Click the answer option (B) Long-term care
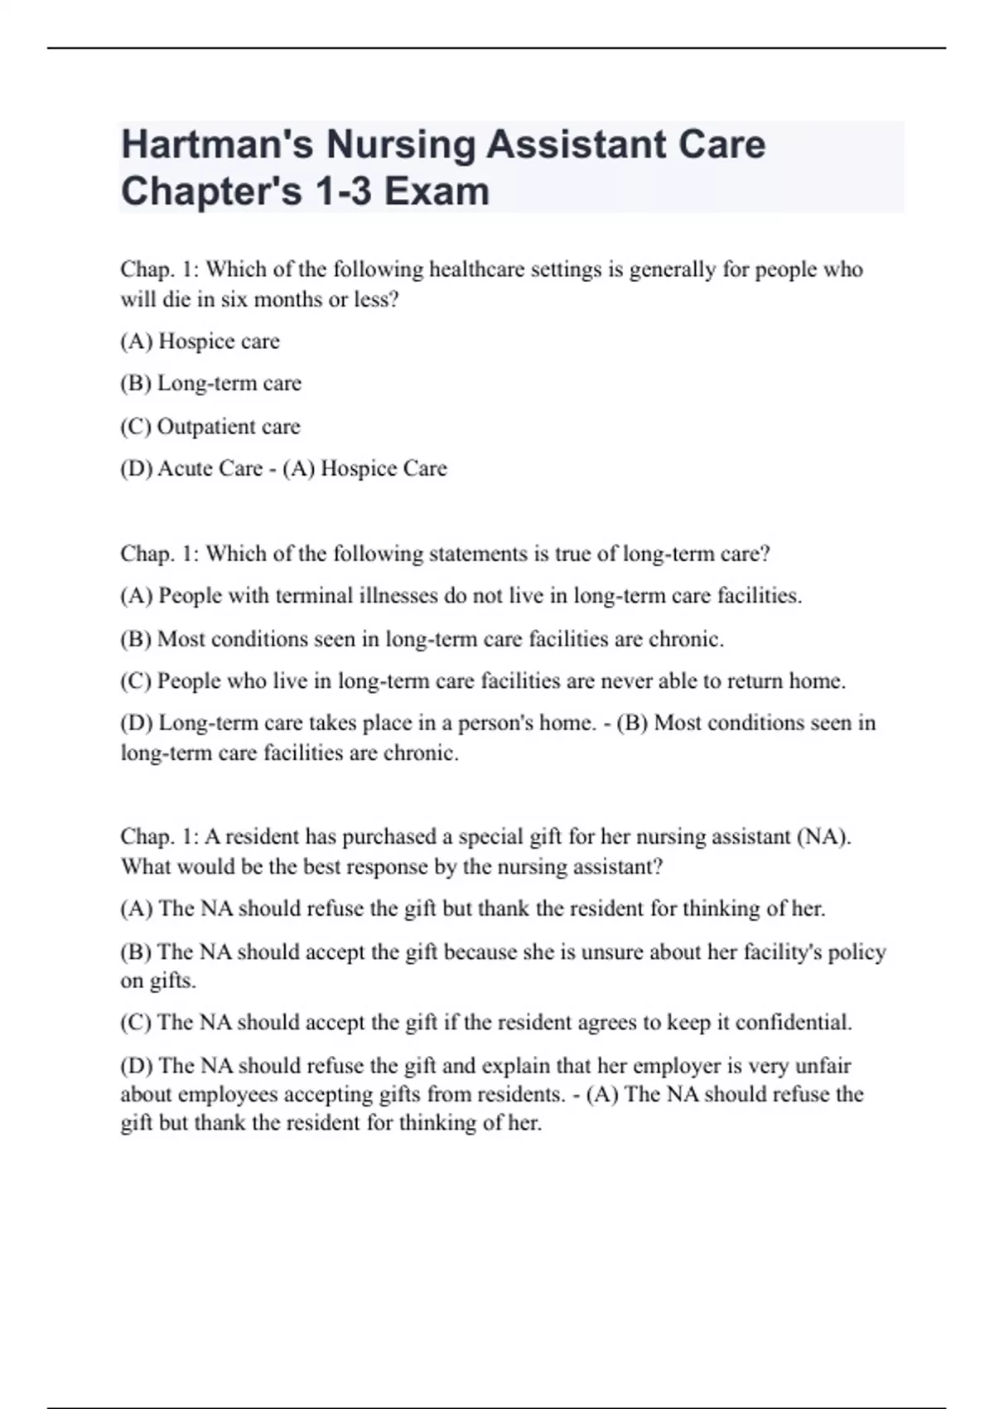coord(211,383)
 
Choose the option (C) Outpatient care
coord(210,426)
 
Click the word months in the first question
coord(287,299)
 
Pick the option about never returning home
coord(483,681)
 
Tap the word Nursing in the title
coord(400,144)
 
